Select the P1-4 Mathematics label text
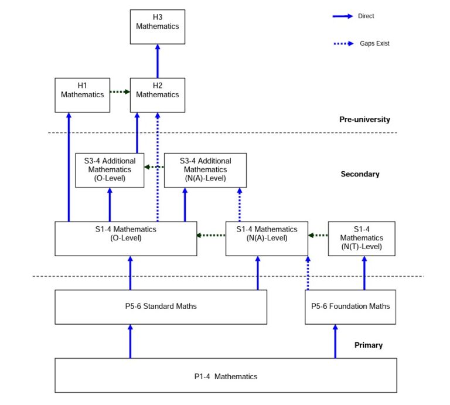click(226, 376)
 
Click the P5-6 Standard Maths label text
click(161, 307)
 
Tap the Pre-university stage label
click(364, 120)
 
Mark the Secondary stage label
click(360, 174)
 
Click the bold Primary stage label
click(369, 345)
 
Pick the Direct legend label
click(366, 16)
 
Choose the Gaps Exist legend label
click(374, 43)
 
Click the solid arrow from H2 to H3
click(158, 61)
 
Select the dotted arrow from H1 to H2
click(120, 92)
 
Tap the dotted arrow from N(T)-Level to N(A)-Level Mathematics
click(318, 236)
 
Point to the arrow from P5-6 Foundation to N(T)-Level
click(364, 273)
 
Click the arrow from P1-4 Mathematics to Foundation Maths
click(335, 341)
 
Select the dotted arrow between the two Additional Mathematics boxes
click(154, 167)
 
